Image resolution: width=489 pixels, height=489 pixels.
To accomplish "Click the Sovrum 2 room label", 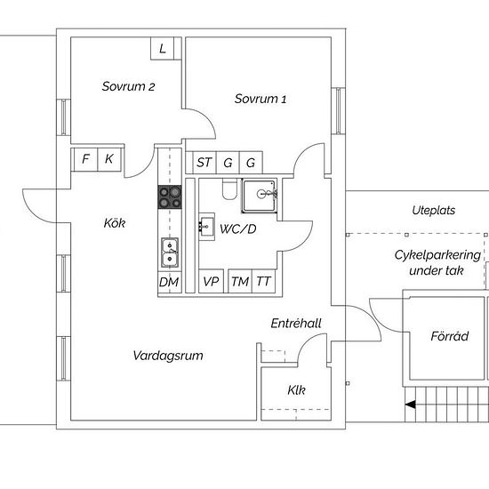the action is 128,86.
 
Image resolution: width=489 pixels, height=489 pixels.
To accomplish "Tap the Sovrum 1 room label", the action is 261,99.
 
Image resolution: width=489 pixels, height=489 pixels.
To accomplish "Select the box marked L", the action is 162,48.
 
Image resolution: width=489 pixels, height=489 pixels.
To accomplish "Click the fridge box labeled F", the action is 85,159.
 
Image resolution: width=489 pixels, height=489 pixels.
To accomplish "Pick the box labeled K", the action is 109,159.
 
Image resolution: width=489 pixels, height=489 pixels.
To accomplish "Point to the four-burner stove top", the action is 170,197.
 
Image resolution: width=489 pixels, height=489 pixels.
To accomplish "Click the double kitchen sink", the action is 170,253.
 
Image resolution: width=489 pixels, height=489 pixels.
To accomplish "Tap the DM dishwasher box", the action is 169,282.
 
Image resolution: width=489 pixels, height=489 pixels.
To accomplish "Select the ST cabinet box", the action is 204,163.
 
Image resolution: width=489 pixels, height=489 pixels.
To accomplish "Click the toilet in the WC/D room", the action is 229,189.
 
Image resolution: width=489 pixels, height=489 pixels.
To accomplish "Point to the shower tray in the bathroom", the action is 260,196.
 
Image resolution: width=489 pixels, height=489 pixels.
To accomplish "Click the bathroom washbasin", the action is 206,227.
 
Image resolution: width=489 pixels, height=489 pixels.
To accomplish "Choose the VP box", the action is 211,281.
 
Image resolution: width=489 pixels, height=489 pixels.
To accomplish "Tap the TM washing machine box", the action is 240,281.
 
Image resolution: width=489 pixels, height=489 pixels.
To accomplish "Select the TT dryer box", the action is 263,281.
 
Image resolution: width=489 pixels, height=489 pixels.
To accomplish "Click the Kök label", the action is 115,223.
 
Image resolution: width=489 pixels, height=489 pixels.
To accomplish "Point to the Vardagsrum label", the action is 168,356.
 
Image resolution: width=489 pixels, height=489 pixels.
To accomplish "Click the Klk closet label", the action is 296,389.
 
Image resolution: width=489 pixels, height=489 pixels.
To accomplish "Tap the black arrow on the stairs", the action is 411,405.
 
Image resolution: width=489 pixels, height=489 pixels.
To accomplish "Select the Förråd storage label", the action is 450,336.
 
